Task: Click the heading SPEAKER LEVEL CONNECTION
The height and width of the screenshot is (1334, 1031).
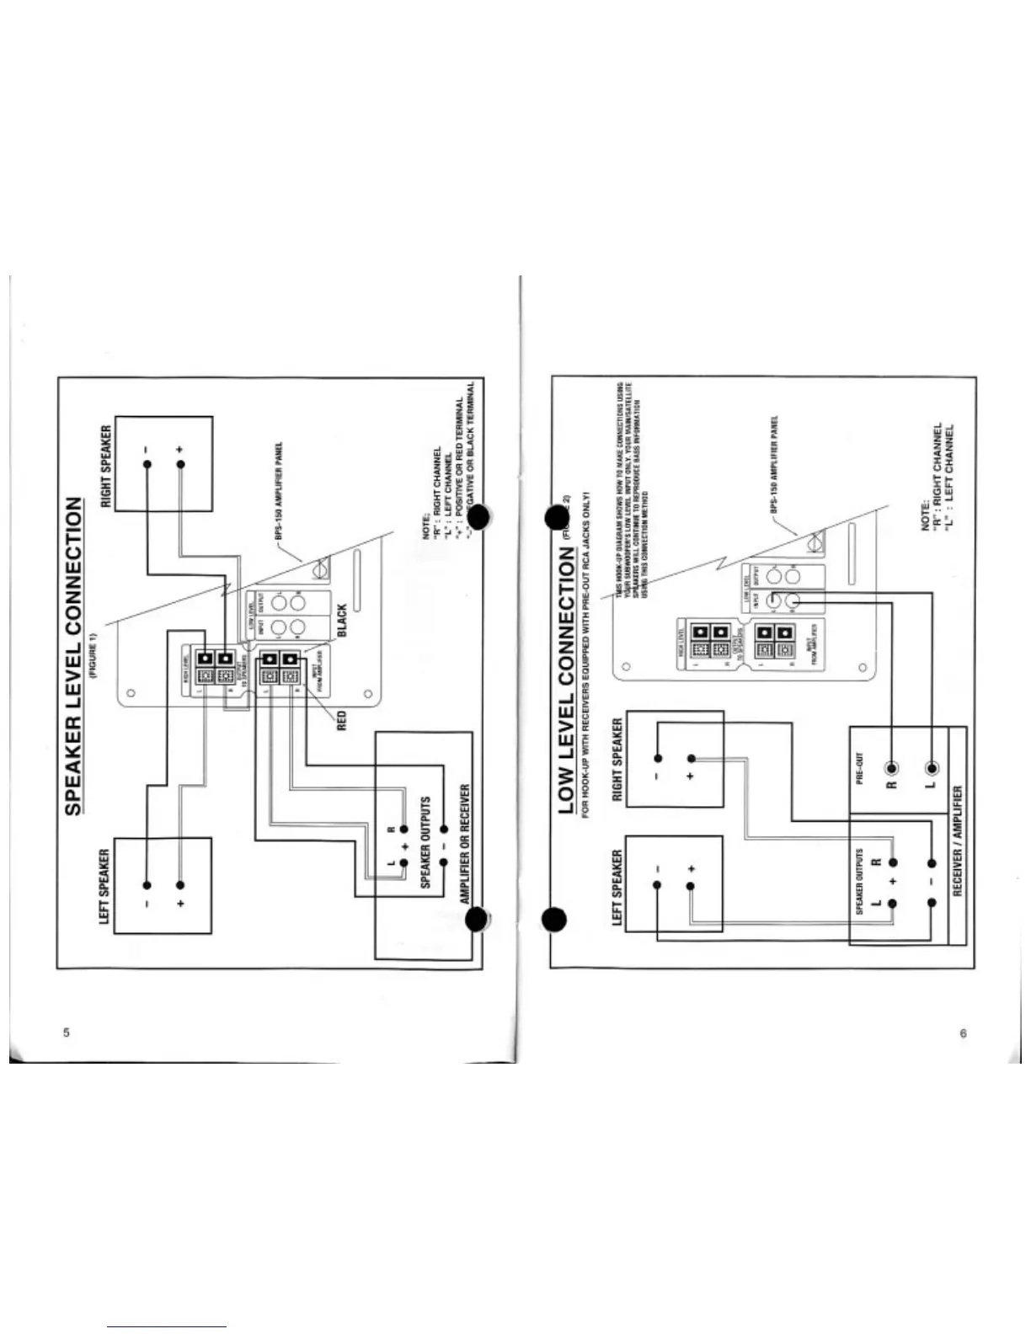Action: (x=75, y=655)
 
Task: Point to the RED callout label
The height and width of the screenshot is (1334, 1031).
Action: (x=342, y=721)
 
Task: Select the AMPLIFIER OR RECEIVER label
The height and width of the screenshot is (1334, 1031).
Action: (x=465, y=845)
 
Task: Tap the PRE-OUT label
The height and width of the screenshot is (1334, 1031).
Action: (x=860, y=768)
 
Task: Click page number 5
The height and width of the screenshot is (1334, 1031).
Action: (x=67, y=1033)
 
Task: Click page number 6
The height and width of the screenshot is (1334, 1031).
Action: (x=964, y=1033)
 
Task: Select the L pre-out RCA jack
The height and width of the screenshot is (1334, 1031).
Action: (x=932, y=768)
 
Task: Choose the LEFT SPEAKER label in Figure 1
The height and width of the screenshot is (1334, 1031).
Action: (x=104, y=886)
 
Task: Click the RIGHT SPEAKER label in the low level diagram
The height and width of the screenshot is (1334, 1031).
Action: (x=617, y=760)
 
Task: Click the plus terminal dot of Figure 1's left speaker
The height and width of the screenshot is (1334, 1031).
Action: (x=179, y=885)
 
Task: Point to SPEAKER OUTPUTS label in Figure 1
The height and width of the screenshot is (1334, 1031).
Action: (x=425, y=842)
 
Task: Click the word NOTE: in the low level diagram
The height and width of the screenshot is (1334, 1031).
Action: (x=925, y=515)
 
